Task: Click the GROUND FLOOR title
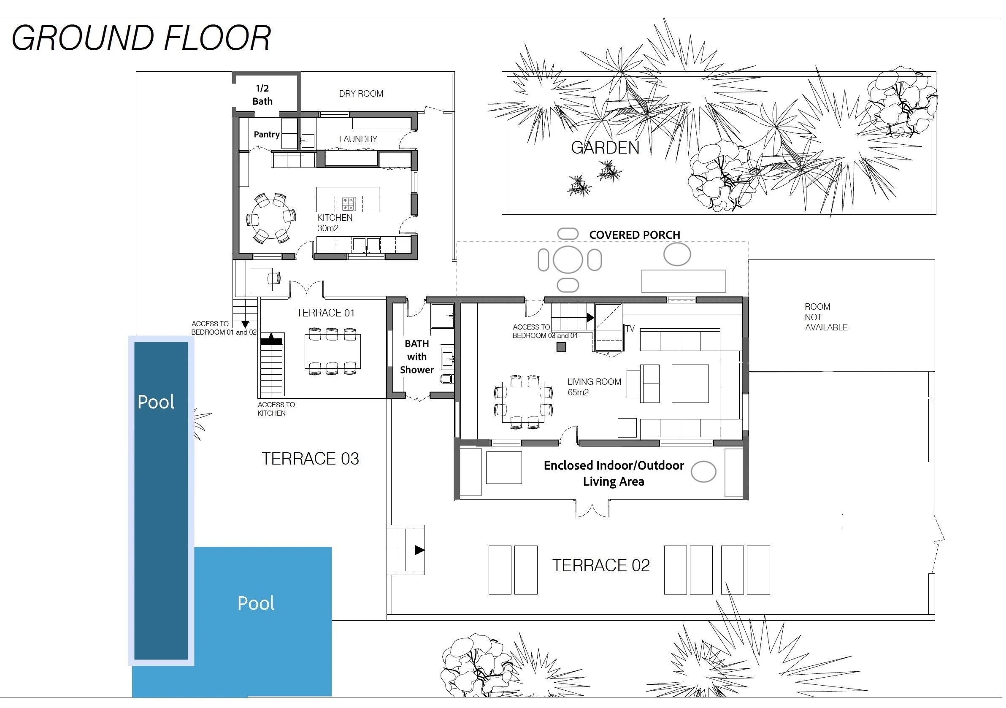[141, 38]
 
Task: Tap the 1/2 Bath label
[262, 95]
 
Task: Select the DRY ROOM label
[361, 94]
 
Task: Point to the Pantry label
[266, 135]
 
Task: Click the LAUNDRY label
[358, 139]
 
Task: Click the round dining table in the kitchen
[270, 218]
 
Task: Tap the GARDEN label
[605, 148]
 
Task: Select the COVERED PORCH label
[634, 235]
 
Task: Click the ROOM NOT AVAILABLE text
[826, 317]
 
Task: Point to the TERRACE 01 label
[325, 313]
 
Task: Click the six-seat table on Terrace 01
[333, 351]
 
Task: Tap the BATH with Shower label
[416, 357]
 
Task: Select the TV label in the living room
[630, 329]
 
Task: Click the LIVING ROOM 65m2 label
[594, 387]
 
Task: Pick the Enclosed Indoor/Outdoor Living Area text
[614, 473]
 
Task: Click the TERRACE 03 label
[310, 459]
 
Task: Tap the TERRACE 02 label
[601, 565]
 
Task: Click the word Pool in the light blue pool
[256, 603]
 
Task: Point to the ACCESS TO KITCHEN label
[276, 409]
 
